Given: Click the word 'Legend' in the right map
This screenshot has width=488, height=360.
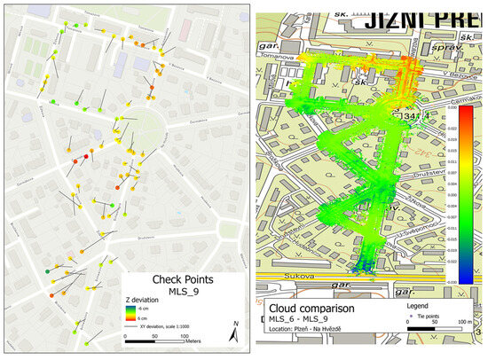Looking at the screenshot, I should coord(418,306).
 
